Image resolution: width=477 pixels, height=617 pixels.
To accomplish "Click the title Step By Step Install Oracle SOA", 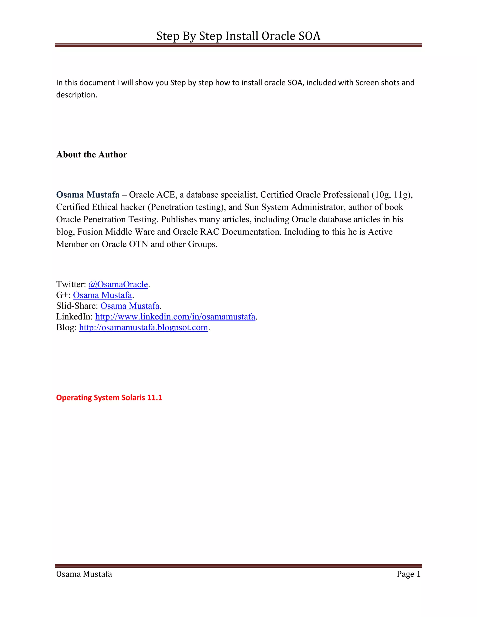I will click(238, 36).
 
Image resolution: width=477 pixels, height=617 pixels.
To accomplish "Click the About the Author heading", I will click(92, 155).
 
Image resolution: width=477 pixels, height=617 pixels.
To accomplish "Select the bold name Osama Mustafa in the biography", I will click(88, 195).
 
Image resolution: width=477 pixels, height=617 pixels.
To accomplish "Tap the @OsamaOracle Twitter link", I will click(118, 284).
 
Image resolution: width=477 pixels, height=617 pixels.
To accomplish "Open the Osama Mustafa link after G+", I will click(102, 295).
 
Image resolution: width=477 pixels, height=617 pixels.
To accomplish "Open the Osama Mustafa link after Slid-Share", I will click(130, 306).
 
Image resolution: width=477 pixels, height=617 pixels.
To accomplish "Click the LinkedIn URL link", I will click(175, 316).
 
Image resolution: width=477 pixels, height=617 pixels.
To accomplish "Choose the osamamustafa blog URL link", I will click(143, 327).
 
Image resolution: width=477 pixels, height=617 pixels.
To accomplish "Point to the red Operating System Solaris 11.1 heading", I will click(109, 397).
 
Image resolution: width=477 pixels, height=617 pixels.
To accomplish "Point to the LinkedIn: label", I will click(74, 316).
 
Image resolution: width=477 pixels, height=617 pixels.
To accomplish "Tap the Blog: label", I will click(66, 327).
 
